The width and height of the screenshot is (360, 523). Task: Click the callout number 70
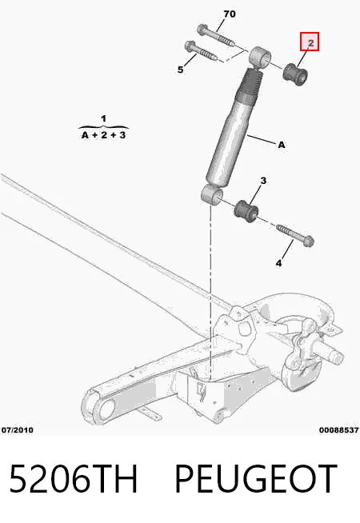coord(230,14)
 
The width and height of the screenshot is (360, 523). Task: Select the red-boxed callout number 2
coord(310,42)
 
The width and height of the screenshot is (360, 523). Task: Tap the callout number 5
coord(181,70)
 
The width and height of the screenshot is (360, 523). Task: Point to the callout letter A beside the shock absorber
coord(282,145)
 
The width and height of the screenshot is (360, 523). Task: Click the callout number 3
coord(263,181)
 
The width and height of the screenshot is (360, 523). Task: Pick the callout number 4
coord(278,263)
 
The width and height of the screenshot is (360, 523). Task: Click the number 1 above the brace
coord(103,118)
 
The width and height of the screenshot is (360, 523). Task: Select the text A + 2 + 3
coord(103,135)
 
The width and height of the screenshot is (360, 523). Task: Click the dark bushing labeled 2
coord(295,74)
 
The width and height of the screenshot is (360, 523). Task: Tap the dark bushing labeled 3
coord(246,211)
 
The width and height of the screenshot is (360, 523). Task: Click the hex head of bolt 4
coord(309,242)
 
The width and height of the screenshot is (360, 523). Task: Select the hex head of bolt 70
coord(202,30)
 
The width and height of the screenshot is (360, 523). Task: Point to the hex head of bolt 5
coord(190,46)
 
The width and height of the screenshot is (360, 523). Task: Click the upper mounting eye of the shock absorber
coord(260,58)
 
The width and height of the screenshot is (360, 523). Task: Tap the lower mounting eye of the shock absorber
coord(211,194)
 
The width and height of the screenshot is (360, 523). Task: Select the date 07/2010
coord(18,430)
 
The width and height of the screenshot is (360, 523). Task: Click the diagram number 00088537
coord(338,430)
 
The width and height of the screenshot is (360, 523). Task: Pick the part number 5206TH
coord(73,478)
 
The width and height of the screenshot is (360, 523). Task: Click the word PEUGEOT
coord(255,478)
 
